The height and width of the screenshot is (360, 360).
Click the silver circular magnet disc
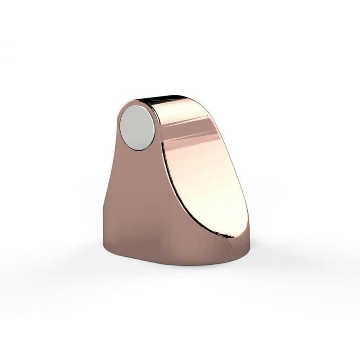(x=137, y=128)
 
